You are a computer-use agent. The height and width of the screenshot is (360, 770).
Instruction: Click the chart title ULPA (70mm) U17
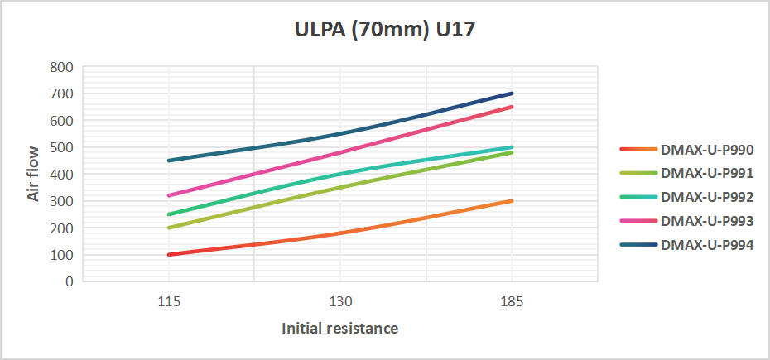[x=385, y=31]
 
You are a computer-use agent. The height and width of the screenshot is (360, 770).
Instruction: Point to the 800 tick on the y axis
[x=63, y=67]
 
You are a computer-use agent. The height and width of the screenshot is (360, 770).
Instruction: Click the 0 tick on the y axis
[x=70, y=281]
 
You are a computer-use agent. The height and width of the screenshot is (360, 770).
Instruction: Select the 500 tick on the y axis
[x=63, y=147]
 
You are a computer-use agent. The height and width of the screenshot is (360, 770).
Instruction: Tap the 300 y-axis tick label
[x=63, y=201]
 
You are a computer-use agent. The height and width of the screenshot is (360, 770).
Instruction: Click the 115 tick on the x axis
[x=169, y=302]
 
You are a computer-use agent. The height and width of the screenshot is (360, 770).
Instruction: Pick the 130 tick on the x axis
[x=340, y=302]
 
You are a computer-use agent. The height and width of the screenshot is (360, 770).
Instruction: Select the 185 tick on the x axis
[x=512, y=302]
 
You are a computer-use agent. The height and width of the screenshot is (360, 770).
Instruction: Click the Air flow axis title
[x=33, y=174]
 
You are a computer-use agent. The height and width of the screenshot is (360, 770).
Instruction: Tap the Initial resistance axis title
[x=340, y=329]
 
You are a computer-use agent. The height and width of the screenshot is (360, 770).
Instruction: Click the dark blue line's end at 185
[x=512, y=94]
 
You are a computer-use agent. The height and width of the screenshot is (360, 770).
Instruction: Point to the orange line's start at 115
[x=169, y=254]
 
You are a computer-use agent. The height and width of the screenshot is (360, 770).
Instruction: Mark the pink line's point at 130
[x=340, y=152]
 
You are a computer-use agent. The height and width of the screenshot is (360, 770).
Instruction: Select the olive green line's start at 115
[x=169, y=228]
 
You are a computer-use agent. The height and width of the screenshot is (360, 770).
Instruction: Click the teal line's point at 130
[x=340, y=174]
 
